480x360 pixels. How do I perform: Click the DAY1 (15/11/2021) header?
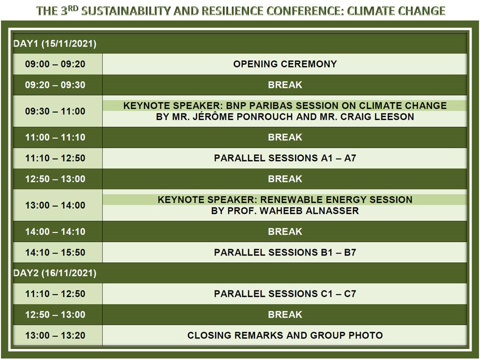(x=55, y=43)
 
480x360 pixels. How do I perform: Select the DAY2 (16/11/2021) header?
(x=55, y=273)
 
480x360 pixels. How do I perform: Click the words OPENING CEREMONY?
(x=285, y=64)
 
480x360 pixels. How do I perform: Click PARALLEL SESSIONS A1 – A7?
(x=285, y=158)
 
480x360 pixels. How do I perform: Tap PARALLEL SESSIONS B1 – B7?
(x=285, y=252)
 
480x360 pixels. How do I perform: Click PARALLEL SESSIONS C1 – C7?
(x=285, y=293)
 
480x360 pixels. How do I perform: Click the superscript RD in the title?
(x=73, y=8)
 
